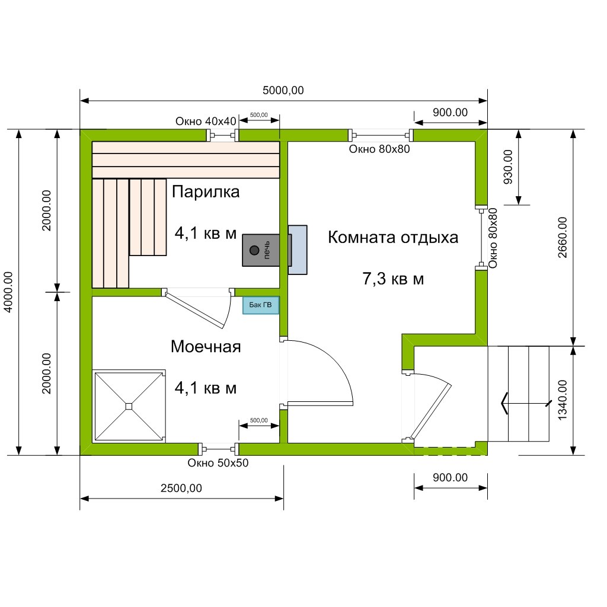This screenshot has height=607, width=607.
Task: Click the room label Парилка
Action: click(206, 192)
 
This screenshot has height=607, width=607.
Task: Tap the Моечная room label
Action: click(206, 346)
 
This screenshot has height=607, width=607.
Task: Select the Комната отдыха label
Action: click(393, 237)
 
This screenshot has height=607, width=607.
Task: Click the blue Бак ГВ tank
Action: click(261, 305)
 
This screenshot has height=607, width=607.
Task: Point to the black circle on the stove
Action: click(254, 250)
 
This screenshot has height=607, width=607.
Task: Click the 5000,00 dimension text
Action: click(283, 91)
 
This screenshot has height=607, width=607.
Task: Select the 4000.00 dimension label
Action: click(8, 292)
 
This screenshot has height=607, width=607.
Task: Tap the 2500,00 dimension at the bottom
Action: click(181, 488)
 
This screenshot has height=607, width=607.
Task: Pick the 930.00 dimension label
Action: click(508, 167)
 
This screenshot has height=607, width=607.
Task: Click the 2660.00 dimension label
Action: click(563, 237)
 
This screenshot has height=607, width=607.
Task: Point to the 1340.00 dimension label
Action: click(563, 400)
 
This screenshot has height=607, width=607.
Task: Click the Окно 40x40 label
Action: click(206, 121)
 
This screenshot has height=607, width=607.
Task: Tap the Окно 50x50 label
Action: click(218, 463)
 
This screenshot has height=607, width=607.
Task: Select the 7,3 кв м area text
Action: click(393, 279)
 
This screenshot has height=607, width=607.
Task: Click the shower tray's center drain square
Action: click(129, 407)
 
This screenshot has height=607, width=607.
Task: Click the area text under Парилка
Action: click(206, 234)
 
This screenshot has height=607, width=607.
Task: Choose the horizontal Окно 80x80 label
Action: click(379, 149)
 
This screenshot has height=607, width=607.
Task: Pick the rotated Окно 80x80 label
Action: click(493, 238)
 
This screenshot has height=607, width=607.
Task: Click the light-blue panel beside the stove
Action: click(298, 250)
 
